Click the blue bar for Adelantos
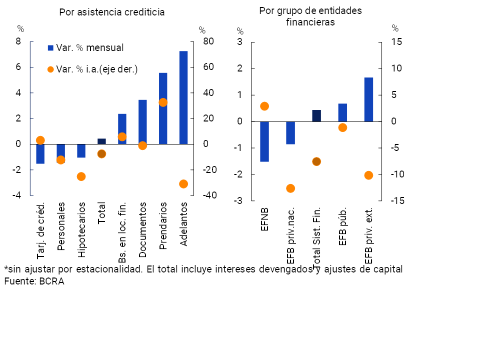(183, 97)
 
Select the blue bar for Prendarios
(163, 108)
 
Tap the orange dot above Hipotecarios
(81, 176)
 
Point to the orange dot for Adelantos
(183, 184)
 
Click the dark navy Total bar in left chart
(101, 141)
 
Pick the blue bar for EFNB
(264, 141)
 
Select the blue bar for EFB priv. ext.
(368, 99)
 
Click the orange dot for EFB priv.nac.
(290, 188)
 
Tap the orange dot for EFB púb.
(342, 127)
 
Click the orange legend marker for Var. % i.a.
(50, 69)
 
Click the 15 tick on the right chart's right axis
(396, 42)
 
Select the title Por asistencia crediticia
(111, 12)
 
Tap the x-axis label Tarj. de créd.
(41, 226)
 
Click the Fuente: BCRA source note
(34, 281)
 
